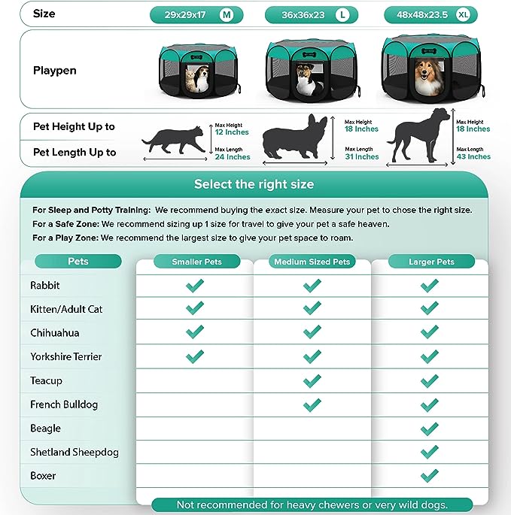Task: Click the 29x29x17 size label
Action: tap(184, 14)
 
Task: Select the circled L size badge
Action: tap(343, 14)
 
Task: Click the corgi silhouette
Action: tap(295, 139)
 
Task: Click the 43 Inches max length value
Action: tap(473, 157)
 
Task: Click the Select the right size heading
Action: tap(254, 184)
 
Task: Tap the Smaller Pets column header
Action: tap(194, 262)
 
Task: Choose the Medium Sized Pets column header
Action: tap(312, 262)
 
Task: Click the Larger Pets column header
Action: tap(431, 262)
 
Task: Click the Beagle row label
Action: tap(46, 429)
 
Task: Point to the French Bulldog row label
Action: tap(64, 404)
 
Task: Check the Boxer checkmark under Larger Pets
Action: tap(430, 476)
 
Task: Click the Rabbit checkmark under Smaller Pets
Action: tap(194, 286)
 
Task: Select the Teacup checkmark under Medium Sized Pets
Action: tap(312, 381)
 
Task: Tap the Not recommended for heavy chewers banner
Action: tap(312, 504)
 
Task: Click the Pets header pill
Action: tap(78, 262)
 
